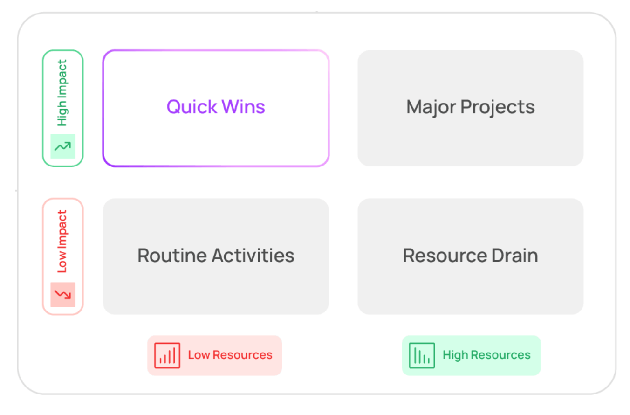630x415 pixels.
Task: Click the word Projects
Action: (x=497, y=107)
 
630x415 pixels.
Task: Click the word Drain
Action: (x=516, y=256)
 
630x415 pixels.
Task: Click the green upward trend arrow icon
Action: (x=63, y=146)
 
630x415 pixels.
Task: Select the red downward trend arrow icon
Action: (x=63, y=294)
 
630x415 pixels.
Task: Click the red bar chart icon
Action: (x=167, y=355)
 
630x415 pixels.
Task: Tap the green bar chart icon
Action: (x=422, y=355)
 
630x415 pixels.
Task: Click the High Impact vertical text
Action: (x=62, y=92)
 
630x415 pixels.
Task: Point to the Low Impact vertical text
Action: (x=62, y=242)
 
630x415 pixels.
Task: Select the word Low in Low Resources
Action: (x=199, y=355)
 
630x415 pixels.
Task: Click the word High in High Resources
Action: (x=455, y=355)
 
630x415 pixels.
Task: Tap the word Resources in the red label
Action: (x=242, y=355)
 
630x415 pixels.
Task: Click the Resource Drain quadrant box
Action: (x=471, y=289)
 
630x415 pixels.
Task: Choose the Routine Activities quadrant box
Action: (x=216, y=289)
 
